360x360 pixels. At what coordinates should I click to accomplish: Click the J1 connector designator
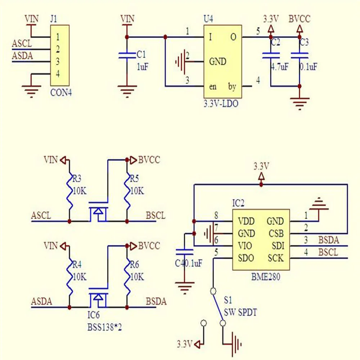point(54,19)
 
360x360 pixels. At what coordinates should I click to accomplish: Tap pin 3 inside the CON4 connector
point(58,61)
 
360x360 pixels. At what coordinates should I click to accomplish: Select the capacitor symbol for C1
point(127,55)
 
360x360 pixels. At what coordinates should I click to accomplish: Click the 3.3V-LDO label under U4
point(221,104)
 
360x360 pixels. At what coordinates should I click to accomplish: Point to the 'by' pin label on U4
point(232,86)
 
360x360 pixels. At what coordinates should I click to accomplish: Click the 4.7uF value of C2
point(280,67)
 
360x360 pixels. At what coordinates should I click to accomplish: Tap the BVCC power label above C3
point(300,19)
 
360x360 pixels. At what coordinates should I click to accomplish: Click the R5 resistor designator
point(135,179)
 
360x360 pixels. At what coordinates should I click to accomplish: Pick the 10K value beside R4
point(80,277)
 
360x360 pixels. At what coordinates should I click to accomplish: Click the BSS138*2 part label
point(104,327)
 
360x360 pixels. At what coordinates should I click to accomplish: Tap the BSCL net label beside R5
point(156,216)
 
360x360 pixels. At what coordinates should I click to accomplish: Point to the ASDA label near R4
point(41,301)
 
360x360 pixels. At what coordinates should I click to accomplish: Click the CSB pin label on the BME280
point(276,234)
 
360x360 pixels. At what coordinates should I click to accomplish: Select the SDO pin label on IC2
point(246,258)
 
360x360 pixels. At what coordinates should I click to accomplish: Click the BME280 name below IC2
point(266,277)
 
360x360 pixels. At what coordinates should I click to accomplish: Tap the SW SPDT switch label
point(240,312)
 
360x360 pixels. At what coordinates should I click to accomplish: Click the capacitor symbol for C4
point(184,252)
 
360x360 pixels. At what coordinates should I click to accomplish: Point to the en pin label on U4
point(213,86)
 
